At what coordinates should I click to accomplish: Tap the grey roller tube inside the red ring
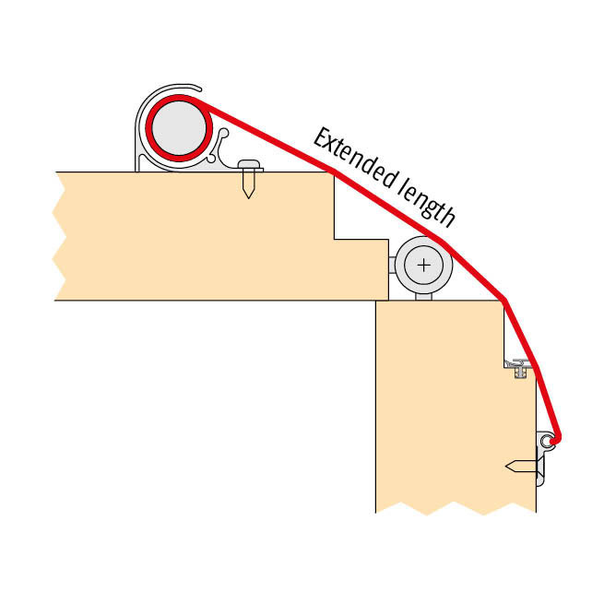(x=179, y=128)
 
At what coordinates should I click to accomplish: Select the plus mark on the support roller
(x=424, y=266)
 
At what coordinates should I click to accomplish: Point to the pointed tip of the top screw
(x=248, y=197)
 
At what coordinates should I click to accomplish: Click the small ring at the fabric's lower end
(x=546, y=440)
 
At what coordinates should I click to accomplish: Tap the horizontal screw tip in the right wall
(x=508, y=467)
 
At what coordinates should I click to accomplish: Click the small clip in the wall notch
(x=519, y=368)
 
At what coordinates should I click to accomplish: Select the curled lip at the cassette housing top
(x=194, y=88)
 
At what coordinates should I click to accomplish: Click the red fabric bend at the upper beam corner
(x=334, y=170)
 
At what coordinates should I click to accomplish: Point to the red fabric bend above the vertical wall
(x=503, y=299)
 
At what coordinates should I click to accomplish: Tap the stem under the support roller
(x=424, y=297)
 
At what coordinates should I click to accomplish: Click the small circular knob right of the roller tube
(x=223, y=134)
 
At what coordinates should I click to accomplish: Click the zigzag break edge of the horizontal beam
(x=59, y=236)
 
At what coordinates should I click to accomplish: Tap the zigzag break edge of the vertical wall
(x=456, y=508)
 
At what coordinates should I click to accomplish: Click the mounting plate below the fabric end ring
(x=540, y=467)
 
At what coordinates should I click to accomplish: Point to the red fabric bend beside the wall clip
(x=536, y=368)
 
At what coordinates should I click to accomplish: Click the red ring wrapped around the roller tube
(x=179, y=128)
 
